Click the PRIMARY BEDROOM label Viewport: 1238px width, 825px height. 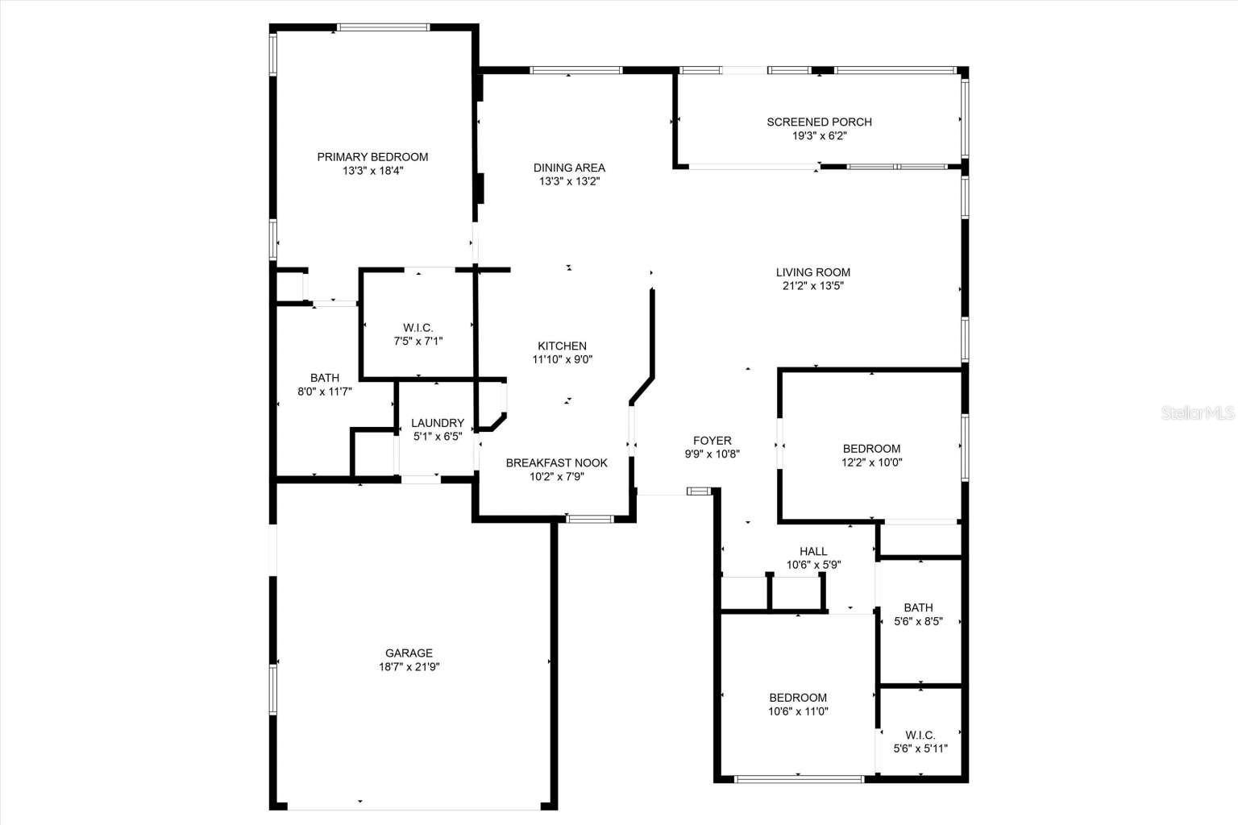[x=372, y=157]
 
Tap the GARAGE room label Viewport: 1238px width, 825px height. [x=409, y=653]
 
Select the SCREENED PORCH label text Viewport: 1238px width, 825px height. [x=819, y=122]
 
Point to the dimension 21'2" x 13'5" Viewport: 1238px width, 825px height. [x=813, y=286]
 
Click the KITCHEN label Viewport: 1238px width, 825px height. [x=563, y=346]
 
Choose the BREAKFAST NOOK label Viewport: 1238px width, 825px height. [x=556, y=462]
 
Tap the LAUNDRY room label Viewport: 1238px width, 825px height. [x=438, y=423]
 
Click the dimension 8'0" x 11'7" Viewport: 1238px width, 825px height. [x=325, y=392]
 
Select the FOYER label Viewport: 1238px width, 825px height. [x=712, y=441]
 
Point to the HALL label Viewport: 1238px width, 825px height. [x=813, y=552]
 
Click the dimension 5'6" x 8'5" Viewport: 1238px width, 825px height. [x=918, y=622]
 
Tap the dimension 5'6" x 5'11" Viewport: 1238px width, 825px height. [x=920, y=748]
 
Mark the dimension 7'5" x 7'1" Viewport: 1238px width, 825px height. [x=418, y=341]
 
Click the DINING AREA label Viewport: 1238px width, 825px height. [x=569, y=168]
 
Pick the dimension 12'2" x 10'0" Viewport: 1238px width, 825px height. [x=872, y=462]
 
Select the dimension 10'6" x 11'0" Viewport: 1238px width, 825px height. [x=798, y=711]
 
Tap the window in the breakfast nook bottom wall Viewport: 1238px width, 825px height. [x=591, y=519]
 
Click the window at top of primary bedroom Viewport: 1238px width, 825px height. [x=383, y=27]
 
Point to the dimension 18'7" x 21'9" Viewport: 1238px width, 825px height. [x=409, y=667]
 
